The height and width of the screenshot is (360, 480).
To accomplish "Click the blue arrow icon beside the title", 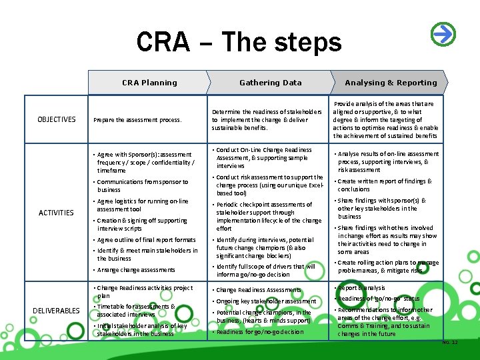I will (443, 33).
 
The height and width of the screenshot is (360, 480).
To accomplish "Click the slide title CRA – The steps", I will (239, 42).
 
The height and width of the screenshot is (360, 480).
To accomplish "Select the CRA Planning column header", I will (149, 83).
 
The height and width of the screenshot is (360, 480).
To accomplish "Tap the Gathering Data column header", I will (270, 83).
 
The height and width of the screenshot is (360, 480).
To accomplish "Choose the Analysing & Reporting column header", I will (391, 83).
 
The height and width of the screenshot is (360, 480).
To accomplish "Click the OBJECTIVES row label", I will (57, 119).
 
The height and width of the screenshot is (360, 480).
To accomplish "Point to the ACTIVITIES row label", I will (56, 213).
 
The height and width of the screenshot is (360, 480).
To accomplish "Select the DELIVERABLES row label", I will (57, 310).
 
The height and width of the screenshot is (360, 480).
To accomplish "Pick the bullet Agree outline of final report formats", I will (147, 240).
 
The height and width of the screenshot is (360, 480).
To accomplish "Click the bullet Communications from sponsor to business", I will (142, 185).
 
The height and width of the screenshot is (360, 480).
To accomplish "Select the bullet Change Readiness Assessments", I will (258, 290).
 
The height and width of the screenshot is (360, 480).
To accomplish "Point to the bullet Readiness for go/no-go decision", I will (260, 331).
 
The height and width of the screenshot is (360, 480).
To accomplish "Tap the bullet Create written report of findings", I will (385, 185).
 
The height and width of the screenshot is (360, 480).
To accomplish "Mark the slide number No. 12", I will (450, 343).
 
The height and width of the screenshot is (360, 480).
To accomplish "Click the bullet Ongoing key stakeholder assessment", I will (266, 301).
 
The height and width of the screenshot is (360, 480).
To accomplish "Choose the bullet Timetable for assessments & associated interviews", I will (135, 311).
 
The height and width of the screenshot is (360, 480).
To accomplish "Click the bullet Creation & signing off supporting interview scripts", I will (142, 225).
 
